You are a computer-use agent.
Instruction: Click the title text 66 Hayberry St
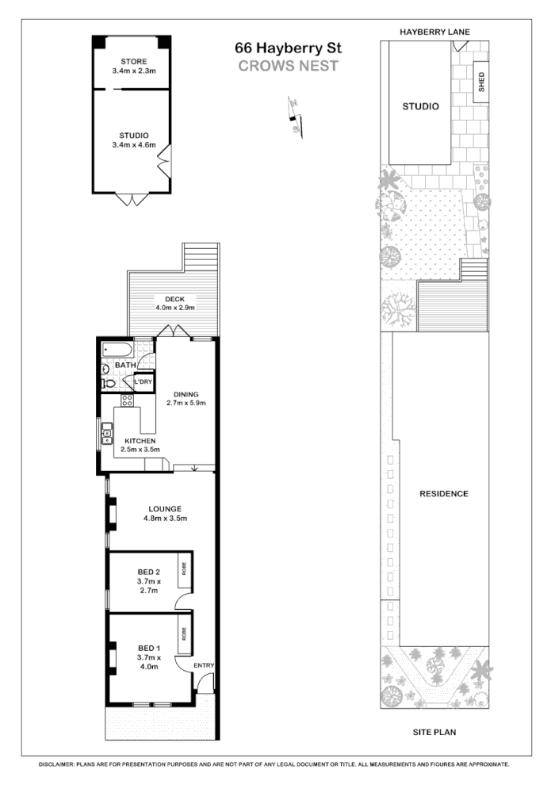coord(288,48)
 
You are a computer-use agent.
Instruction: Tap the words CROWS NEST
coord(288,66)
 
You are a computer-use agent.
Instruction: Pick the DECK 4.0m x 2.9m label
coord(174,303)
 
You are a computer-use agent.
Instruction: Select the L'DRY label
coord(143,382)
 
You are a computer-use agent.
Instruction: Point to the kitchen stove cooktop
coord(124,400)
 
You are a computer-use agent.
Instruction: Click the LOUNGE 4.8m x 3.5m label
coord(164,513)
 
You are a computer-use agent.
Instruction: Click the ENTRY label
coord(204,665)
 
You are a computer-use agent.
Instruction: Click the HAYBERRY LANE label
coord(434,32)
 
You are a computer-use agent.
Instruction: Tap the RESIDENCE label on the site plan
coord(443,493)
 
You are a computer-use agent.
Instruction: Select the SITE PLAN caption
coord(434,733)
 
